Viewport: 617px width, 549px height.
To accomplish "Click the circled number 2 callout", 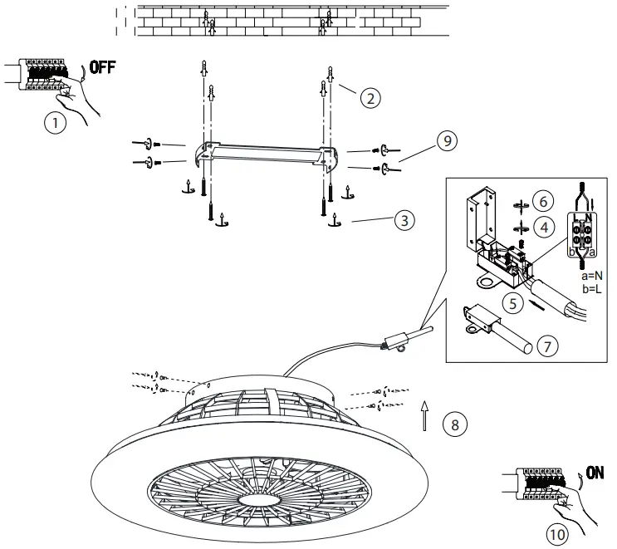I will tap(370, 97).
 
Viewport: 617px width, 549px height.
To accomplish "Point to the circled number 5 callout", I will tap(514, 304).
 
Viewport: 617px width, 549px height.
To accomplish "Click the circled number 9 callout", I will tap(446, 141).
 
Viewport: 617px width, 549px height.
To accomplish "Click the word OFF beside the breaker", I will tap(102, 68).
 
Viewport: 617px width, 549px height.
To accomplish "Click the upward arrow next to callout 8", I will tap(424, 415).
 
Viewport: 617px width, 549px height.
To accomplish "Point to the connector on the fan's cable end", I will tap(399, 340).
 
